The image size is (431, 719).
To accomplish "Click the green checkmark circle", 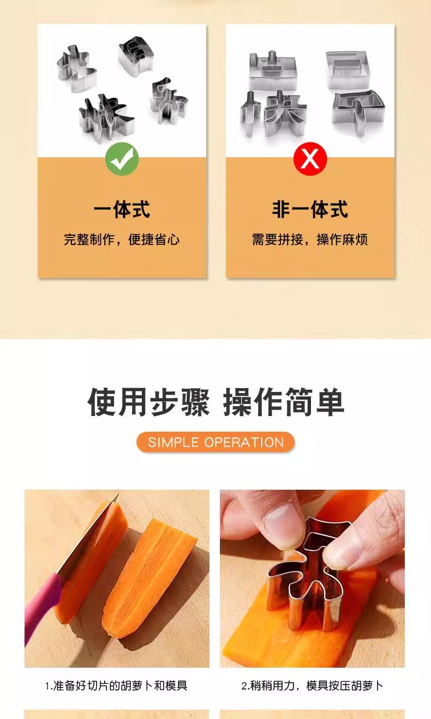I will click(122, 159).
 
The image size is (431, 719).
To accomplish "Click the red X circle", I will click(310, 159).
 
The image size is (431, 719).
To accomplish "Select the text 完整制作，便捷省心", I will click(122, 240).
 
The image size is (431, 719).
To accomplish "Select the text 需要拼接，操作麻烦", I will click(310, 240).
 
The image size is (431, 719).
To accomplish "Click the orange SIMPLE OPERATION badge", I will click(215, 442).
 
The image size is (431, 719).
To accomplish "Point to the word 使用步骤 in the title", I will click(148, 403).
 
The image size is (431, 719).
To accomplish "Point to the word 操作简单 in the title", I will click(284, 403).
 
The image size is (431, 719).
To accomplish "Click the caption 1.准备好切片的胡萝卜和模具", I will click(116, 686).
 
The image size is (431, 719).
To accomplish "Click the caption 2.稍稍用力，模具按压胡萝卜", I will click(312, 686).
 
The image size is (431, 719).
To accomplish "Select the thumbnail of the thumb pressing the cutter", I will click(312, 578).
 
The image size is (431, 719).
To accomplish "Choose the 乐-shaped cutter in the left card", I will click(169, 100).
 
